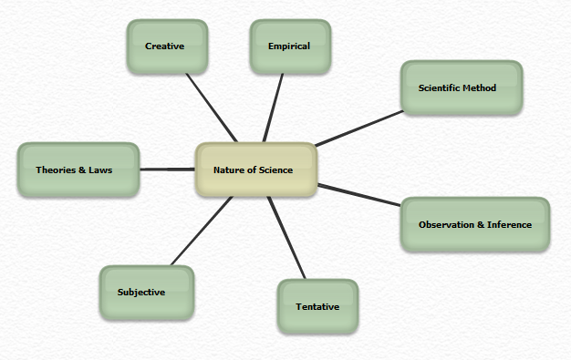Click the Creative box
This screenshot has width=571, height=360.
[167, 46]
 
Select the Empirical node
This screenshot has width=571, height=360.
[290, 46]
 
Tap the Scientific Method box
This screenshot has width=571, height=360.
[462, 87]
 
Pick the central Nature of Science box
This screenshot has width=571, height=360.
[256, 170]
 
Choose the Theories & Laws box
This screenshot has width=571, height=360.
[78, 170]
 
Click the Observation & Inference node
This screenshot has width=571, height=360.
[475, 224]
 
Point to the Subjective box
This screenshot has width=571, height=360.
[147, 293]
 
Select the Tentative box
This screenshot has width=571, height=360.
[318, 306]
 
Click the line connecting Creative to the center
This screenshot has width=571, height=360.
[212, 108]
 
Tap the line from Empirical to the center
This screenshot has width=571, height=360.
[273, 108]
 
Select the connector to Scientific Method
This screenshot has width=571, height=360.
[359, 129]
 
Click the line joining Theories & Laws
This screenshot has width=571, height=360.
[168, 170]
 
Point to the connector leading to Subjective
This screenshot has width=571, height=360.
[202, 231]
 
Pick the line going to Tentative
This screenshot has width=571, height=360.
[286, 238]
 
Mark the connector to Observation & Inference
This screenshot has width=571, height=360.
[359, 195]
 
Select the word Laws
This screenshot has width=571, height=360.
[100, 170]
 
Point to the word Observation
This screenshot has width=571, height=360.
[446, 224]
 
